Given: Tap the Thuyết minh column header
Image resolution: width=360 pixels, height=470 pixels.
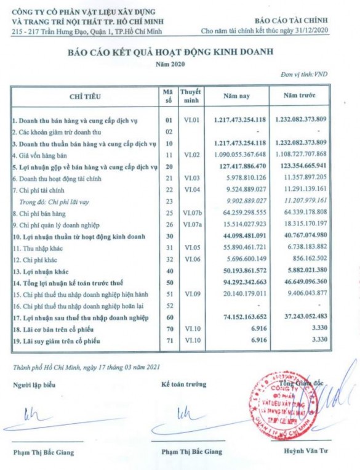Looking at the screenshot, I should click(191, 96).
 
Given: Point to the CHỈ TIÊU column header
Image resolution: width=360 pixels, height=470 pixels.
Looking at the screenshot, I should click(86, 96).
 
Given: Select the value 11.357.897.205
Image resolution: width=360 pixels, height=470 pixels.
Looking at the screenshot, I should click(300, 177).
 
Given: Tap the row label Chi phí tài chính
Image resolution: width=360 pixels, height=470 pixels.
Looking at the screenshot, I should click(42, 189).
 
